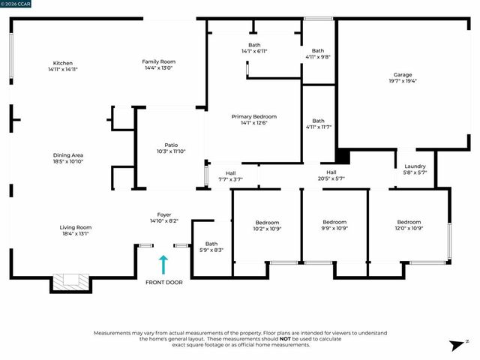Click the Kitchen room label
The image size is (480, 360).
[63, 63]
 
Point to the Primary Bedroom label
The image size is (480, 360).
[253, 117]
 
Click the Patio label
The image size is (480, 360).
[171, 145]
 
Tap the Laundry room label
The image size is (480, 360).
[415, 166]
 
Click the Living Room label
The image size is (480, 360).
[75, 227]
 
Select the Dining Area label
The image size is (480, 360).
[67, 155]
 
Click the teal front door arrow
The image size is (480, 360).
[163, 265]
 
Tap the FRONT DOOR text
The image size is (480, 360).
[163, 282]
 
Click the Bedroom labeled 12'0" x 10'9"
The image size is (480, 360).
[409, 222]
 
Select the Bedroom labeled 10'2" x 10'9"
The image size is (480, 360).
[267, 222]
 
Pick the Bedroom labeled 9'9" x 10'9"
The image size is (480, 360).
[334, 222]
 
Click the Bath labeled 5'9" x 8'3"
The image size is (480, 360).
[211, 244]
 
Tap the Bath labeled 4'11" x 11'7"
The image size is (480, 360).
[318, 121]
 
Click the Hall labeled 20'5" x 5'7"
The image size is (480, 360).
[331, 172]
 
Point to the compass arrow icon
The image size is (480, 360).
[455, 345]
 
